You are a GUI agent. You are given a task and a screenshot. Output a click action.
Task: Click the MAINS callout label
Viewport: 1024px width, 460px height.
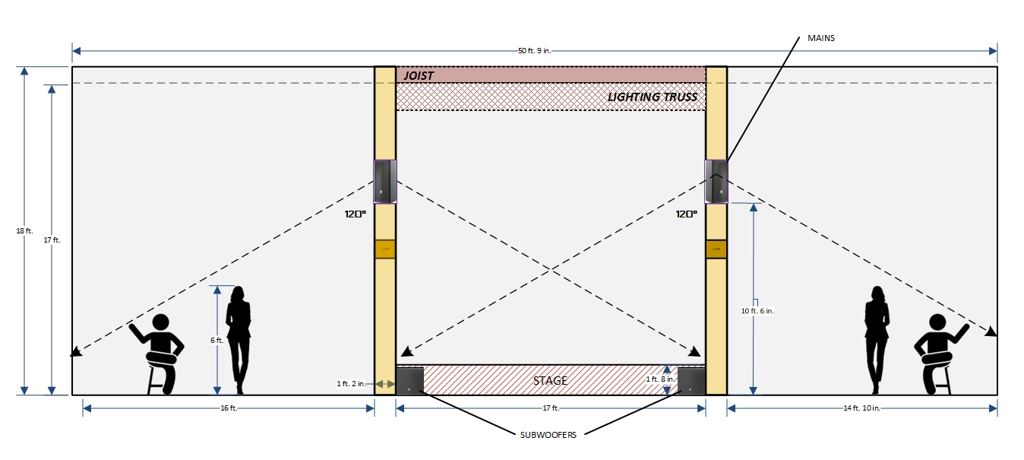[x=821, y=37]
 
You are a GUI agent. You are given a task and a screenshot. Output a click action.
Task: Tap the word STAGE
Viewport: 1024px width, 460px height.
[x=550, y=380]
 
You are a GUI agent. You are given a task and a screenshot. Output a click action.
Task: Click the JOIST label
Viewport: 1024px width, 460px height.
[x=419, y=75]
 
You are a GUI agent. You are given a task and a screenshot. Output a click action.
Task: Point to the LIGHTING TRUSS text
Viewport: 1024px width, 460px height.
[x=653, y=97]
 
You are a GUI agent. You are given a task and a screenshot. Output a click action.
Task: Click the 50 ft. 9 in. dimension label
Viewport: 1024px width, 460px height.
[x=534, y=51]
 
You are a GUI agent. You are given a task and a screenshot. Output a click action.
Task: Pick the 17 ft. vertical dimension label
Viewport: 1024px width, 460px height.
[x=52, y=240]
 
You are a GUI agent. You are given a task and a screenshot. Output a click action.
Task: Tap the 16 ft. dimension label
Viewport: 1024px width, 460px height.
[x=229, y=408]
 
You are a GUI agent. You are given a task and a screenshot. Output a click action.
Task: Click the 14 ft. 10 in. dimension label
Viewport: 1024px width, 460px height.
[x=861, y=408]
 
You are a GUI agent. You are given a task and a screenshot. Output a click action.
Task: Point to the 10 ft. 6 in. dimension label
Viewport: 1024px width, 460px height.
[x=757, y=311]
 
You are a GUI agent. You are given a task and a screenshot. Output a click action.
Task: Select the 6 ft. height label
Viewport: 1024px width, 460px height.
[x=216, y=341]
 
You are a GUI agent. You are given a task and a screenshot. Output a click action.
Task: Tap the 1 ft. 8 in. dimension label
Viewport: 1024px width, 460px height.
[x=658, y=379]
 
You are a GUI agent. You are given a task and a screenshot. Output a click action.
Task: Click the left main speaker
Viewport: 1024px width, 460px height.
[x=384, y=182]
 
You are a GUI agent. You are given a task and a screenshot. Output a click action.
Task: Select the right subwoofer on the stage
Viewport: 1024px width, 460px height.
[x=691, y=381]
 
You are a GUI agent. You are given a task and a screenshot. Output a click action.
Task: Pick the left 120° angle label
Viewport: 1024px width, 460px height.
[x=356, y=214]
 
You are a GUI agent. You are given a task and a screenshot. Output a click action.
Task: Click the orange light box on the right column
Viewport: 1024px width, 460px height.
[x=716, y=249]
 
